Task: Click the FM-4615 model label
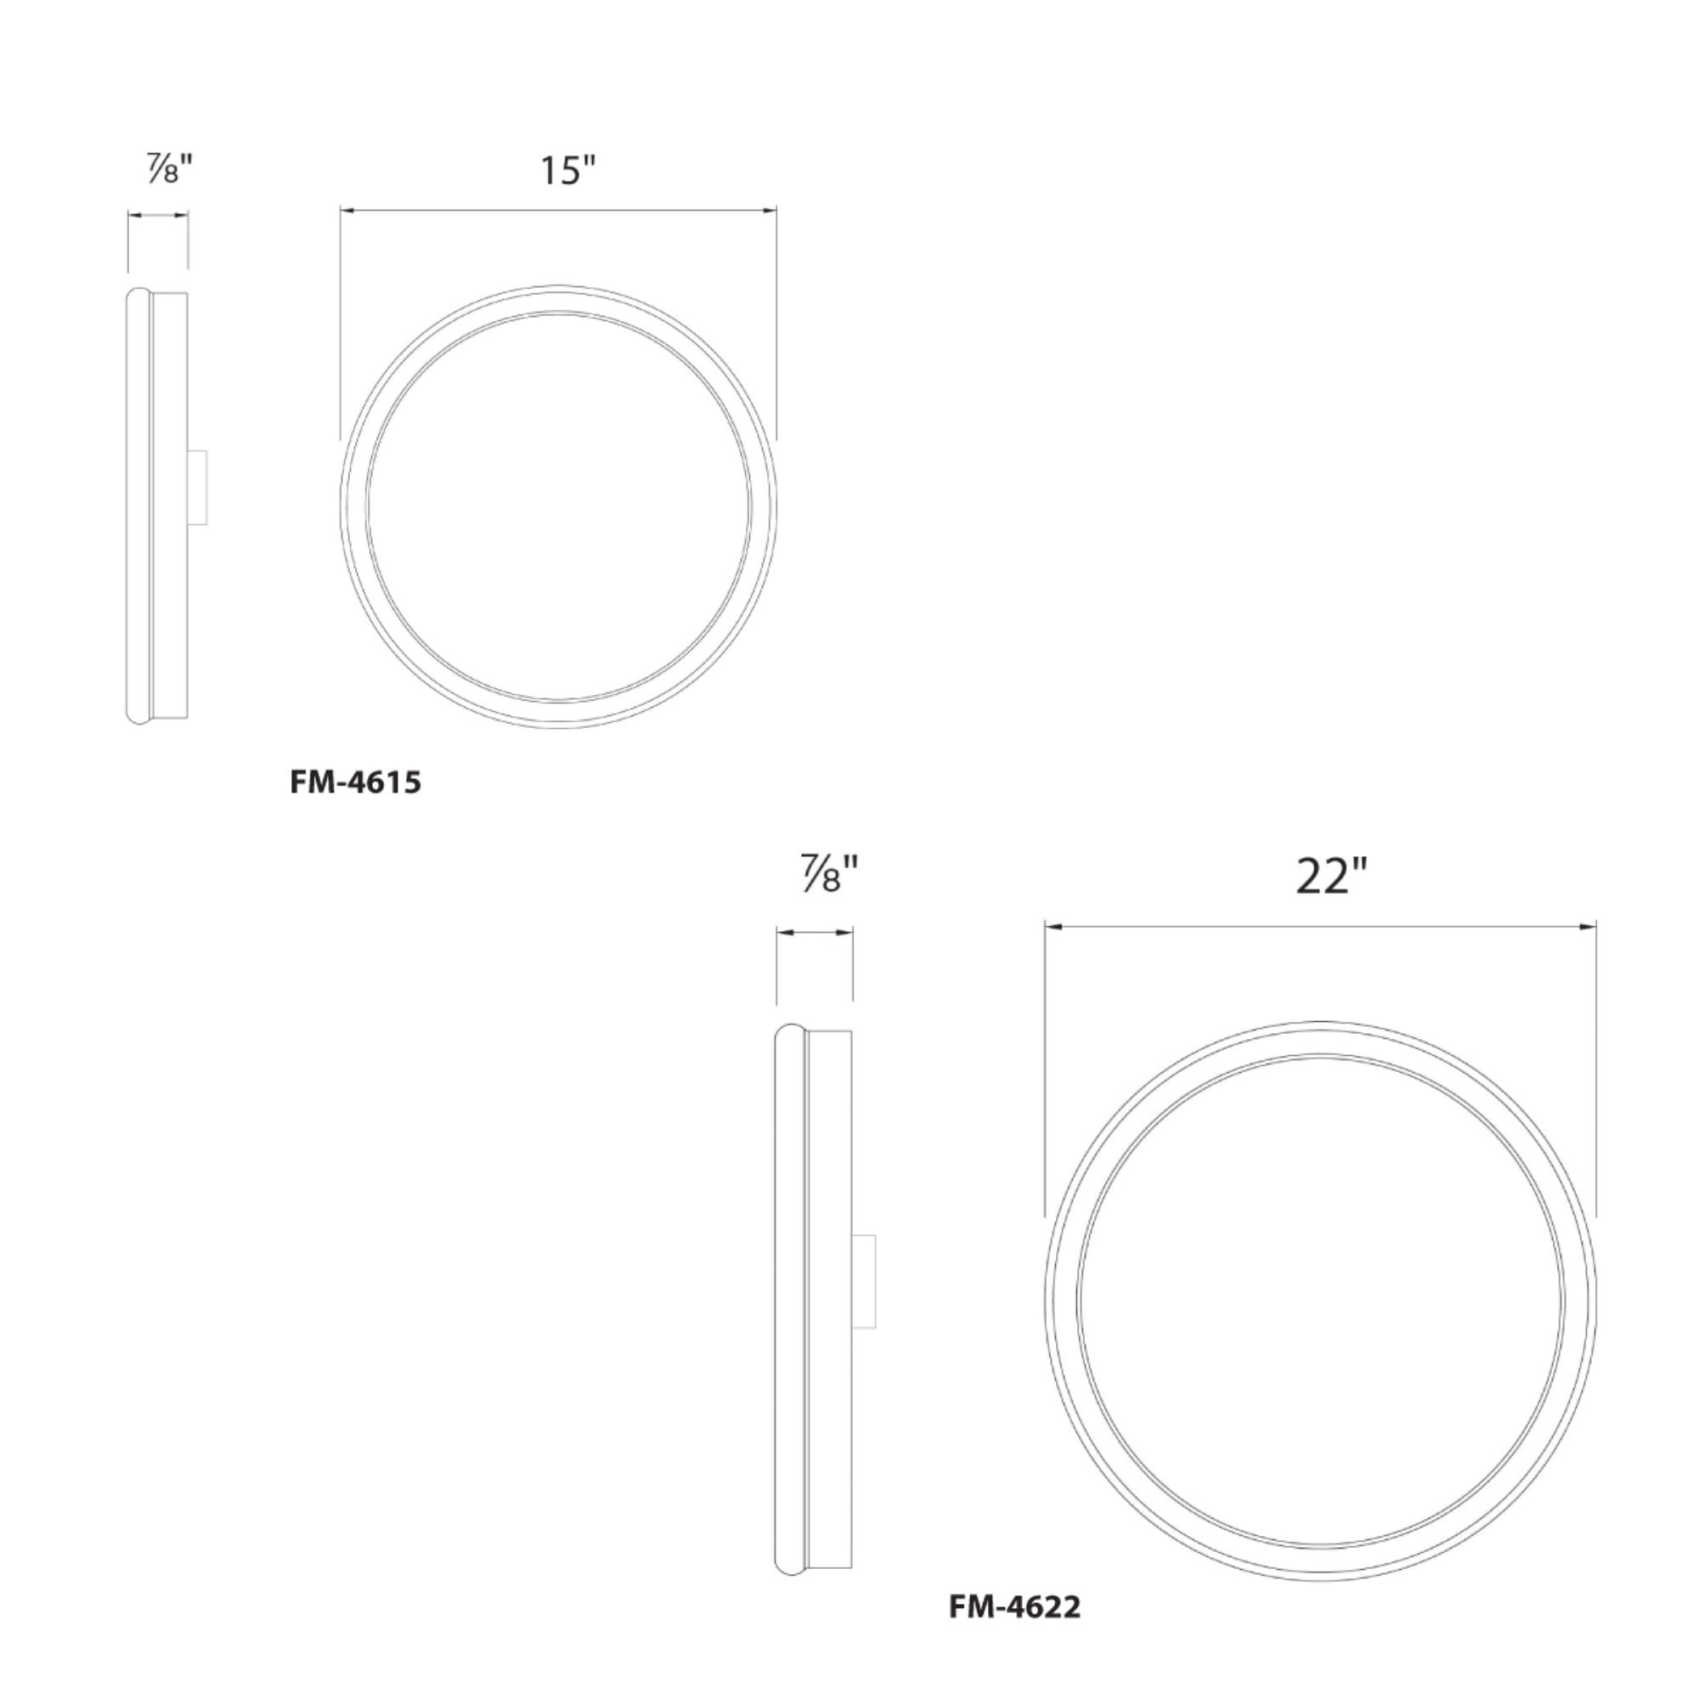pyautogui.click(x=355, y=782)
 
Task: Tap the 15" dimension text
pyautogui.click(x=568, y=170)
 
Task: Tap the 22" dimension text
pyautogui.click(x=1332, y=876)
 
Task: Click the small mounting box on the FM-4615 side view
pyautogui.click(x=197, y=488)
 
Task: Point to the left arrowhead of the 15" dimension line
pyautogui.click(x=347, y=210)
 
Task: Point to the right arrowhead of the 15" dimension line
pyautogui.click(x=770, y=210)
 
